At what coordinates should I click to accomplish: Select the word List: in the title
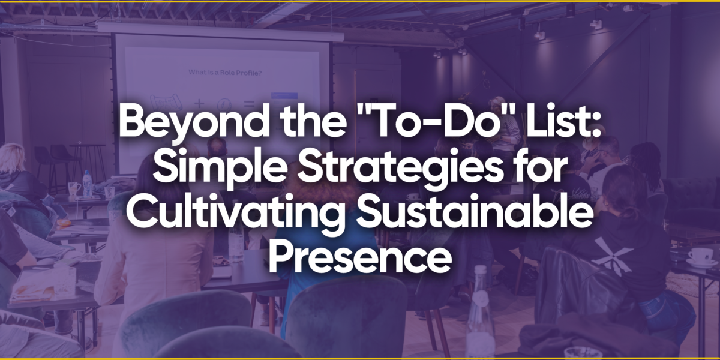point(563,121)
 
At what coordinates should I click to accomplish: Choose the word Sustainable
point(475,212)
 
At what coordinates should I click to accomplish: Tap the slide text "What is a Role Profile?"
point(225,73)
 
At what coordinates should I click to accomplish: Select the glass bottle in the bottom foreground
point(481,313)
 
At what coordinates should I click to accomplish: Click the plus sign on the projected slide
point(199,103)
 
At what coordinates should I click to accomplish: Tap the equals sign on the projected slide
point(249,103)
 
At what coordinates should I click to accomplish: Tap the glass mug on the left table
point(74,188)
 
